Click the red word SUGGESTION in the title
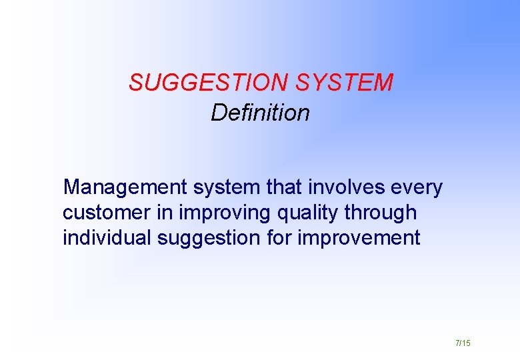click(209, 83)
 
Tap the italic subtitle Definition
click(260, 113)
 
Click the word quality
click(300, 213)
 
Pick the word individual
click(107, 238)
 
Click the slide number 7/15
click(463, 343)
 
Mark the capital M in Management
click(71, 188)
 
